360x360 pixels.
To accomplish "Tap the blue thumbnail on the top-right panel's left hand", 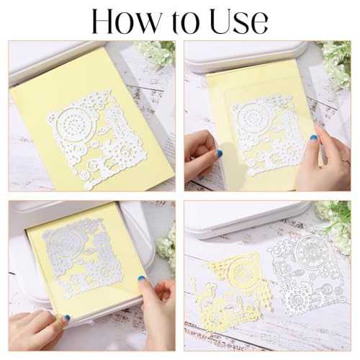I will coord(218,153).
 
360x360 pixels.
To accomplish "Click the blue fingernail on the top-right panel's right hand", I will coord(314,138).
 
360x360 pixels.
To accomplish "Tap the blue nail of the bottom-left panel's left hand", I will coord(66,318).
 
